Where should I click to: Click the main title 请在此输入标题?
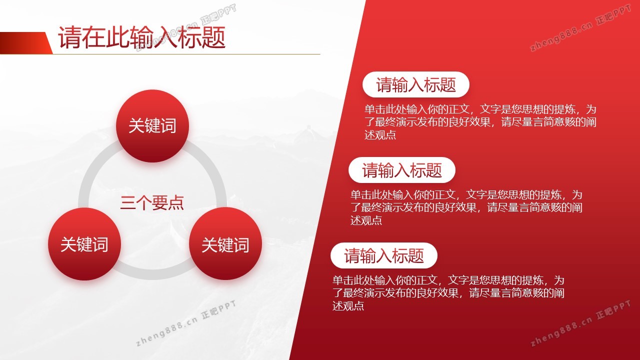point(141,37)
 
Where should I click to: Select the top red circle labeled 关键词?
point(152,126)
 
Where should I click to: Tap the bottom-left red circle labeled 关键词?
point(84,244)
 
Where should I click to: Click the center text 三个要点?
point(152,203)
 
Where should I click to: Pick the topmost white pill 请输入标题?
point(415,84)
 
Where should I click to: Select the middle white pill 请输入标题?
point(401,170)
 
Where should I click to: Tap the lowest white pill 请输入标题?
point(383,255)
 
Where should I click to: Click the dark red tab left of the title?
point(25,43)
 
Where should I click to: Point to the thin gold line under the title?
point(186,54)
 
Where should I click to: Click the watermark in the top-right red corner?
point(580,28)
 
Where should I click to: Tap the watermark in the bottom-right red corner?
point(580,323)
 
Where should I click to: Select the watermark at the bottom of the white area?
point(185,323)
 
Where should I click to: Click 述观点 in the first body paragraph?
point(380,135)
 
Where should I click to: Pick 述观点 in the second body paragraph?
point(366,220)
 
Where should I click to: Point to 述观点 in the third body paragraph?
point(348,305)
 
